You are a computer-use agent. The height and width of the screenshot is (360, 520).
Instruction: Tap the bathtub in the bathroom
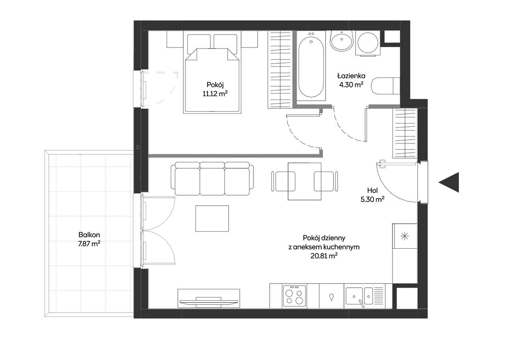[311, 66]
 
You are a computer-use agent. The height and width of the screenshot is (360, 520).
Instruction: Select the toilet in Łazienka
[386, 86]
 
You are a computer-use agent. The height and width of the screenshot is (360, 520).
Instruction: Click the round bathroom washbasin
[342, 40]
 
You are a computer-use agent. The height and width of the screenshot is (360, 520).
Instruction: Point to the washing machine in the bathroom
[368, 43]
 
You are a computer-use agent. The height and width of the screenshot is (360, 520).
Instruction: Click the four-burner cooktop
[295, 296]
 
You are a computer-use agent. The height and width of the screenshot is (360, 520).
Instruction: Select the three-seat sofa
[212, 178]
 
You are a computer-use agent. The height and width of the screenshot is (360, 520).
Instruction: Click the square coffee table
[212, 218]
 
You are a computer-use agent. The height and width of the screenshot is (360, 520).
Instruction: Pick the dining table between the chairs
[305, 181]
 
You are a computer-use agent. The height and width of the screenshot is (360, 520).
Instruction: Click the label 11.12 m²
[215, 93]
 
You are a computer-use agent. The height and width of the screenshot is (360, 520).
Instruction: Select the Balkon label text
[89, 234]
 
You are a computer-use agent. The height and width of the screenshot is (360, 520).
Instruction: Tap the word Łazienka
[351, 76]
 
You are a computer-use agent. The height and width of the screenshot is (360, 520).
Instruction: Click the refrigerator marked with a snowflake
[405, 236]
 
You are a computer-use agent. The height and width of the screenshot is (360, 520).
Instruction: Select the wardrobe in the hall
[405, 133]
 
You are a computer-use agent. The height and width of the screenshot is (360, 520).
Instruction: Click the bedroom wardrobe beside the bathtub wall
[280, 69]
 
